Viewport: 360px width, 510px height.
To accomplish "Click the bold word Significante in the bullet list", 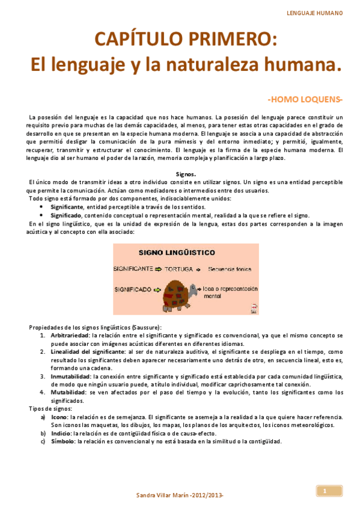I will click(67, 206).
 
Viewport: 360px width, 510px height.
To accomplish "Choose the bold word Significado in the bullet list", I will click(66, 215).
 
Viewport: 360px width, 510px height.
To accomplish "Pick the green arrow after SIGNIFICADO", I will click(157, 289).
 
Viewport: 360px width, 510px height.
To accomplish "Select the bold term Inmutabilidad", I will click(71, 376).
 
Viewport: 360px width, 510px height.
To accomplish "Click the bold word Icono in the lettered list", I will click(59, 416).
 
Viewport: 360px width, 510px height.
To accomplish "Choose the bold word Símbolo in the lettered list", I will click(63, 440).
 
